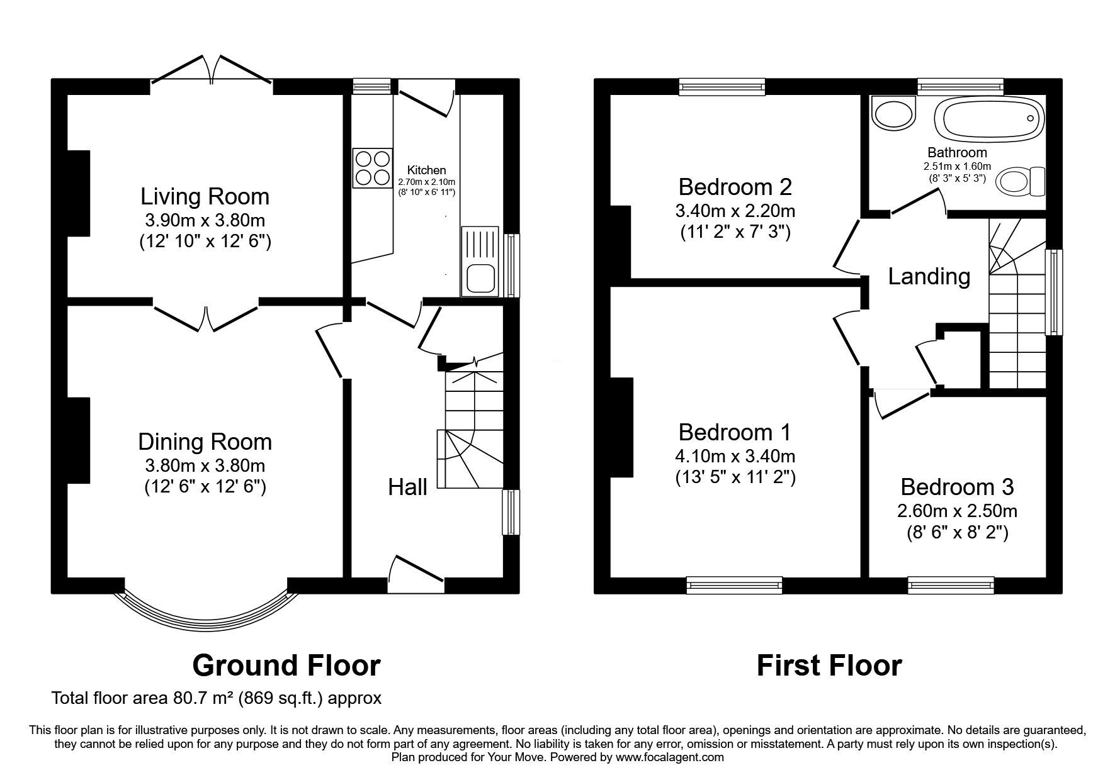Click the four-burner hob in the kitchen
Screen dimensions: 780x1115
372,168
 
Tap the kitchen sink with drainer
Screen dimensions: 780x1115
479,261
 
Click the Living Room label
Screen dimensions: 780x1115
205,196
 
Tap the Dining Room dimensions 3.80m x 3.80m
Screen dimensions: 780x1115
205,466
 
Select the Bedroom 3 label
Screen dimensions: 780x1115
957,487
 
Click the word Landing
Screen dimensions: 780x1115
929,276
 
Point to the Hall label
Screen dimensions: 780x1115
407,487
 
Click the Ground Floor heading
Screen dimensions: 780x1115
286,666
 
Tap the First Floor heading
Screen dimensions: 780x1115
829,666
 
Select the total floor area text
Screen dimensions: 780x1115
217,698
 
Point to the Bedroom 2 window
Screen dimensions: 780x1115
722,87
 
